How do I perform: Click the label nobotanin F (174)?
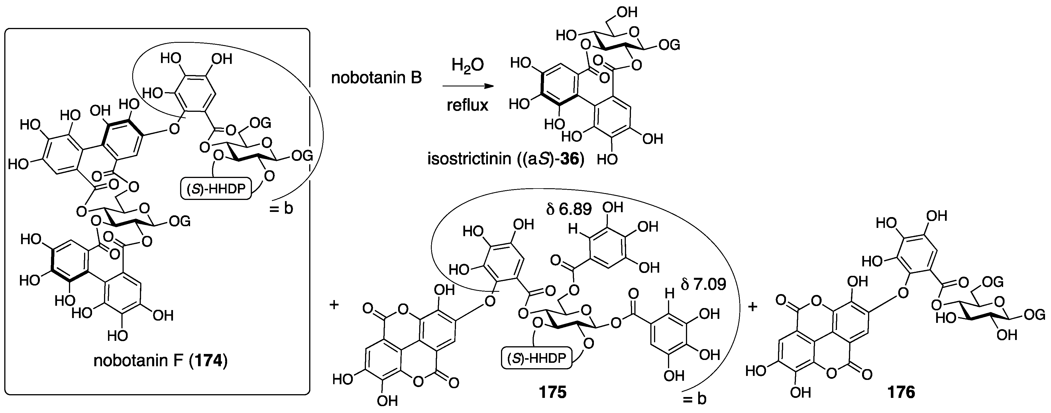[160, 361]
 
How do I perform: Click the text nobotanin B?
[376, 78]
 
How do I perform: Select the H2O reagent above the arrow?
[468, 65]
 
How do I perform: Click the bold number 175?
[553, 392]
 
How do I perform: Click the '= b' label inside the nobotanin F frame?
[281, 209]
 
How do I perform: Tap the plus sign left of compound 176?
[753, 306]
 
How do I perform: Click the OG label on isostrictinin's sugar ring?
[669, 45]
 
